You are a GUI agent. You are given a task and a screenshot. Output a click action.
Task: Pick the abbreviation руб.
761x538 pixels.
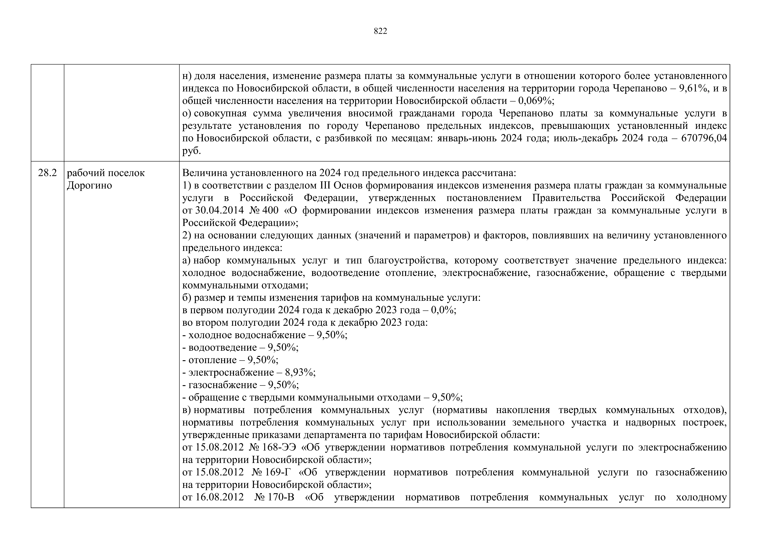pyautogui.click(x=192, y=151)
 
